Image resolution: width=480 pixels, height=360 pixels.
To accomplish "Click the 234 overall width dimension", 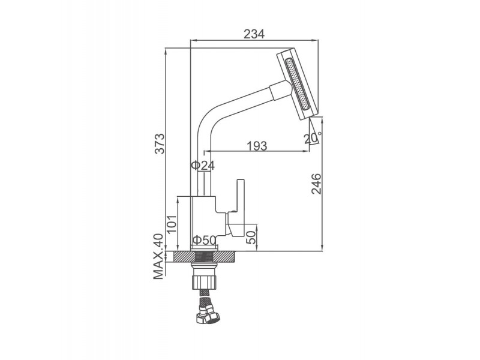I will click(x=254, y=34).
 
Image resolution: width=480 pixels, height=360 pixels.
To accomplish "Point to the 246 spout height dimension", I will click(x=316, y=184).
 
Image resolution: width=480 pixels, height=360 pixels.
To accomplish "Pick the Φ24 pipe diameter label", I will click(x=203, y=166).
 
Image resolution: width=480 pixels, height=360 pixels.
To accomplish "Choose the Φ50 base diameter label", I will click(x=203, y=241).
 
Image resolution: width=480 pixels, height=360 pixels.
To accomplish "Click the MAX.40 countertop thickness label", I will click(x=158, y=257).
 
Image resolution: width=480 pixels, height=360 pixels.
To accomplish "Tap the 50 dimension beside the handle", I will click(x=252, y=235).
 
